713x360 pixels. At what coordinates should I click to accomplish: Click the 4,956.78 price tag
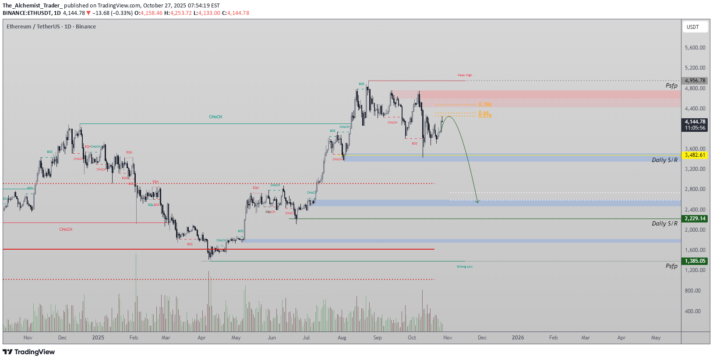pos(695,81)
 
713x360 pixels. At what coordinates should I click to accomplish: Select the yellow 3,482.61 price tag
pos(695,155)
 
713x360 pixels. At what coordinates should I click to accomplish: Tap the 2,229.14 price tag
pos(695,219)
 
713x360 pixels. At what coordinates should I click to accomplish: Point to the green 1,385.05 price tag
pos(695,261)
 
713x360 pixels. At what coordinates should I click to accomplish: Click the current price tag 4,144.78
pos(695,122)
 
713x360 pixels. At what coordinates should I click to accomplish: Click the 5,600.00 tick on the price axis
pos(695,48)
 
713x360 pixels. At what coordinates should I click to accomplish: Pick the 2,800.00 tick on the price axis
pos(695,189)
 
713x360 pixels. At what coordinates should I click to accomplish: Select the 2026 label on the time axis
pos(518,338)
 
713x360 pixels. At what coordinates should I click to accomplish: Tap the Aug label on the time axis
pos(342,338)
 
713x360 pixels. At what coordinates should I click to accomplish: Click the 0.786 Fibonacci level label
pos(485,105)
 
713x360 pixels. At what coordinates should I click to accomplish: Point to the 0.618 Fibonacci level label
pos(485,116)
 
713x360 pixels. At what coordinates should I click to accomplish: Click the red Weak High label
pos(465,75)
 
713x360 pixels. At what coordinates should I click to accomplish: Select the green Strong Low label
pos(465,267)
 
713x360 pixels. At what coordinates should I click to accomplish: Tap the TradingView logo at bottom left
pos(29,352)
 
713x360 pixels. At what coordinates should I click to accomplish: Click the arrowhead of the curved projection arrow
pos(477,201)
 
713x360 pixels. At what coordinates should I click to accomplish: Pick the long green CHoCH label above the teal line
pos(215,117)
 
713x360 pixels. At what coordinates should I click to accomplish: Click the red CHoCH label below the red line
pos(66,229)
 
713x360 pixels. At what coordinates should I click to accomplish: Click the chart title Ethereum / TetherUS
pos(33,27)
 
